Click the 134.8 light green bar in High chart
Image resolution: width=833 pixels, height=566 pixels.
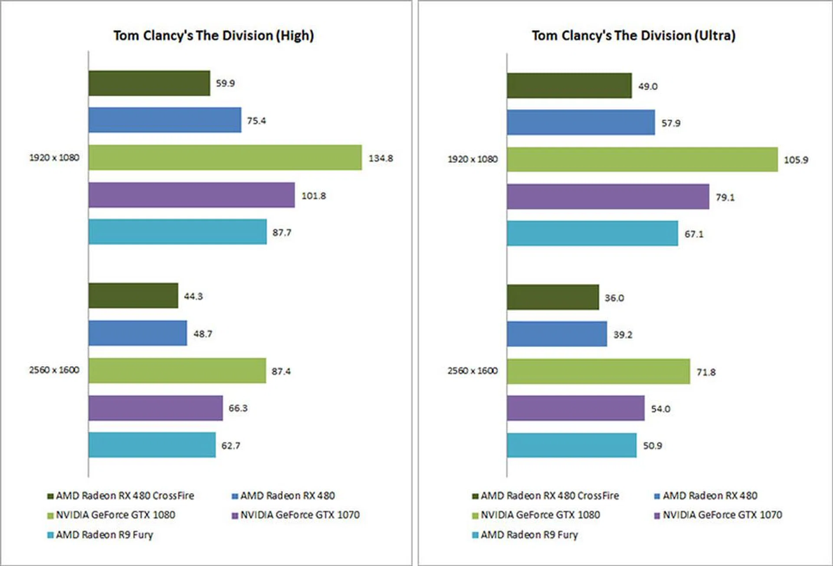pyautogui.click(x=225, y=158)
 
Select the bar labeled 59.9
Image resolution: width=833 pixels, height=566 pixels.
pyautogui.click(x=149, y=83)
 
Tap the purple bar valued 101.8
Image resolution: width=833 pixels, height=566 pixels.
pyautogui.click(x=191, y=195)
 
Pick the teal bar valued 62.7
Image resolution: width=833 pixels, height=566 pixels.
pyautogui.click(x=152, y=445)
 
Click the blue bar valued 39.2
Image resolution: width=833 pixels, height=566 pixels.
pyautogui.click(x=557, y=334)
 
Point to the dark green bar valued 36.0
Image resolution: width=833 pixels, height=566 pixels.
pyautogui.click(x=553, y=297)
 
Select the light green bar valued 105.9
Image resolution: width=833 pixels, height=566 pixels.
pyautogui.click(x=642, y=160)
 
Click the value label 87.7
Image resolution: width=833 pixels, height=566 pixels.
pyautogui.click(x=282, y=233)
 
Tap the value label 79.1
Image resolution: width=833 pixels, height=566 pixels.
pyautogui.click(x=725, y=197)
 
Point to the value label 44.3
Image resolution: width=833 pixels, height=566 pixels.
pyautogui.click(x=193, y=296)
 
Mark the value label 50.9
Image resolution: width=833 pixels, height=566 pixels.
pyautogui.click(x=652, y=446)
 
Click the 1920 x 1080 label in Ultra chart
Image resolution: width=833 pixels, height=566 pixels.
pyautogui.click(x=472, y=159)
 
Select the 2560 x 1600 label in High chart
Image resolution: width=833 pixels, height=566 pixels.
pyautogui.click(x=54, y=370)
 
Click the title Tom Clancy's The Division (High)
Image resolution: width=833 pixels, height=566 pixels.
pyautogui.click(x=213, y=36)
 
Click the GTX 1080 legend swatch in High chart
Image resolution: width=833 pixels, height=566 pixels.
pyautogui.click(x=51, y=516)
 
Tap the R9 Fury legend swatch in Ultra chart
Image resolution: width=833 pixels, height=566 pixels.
pyautogui.click(x=475, y=535)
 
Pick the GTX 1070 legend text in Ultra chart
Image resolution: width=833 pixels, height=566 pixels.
pyautogui.click(x=722, y=515)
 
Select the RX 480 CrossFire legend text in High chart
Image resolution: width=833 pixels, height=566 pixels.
pyautogui.click(x=125, y=496)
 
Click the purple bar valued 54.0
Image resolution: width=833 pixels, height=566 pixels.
pyautogui.click(x=575, y=408)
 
